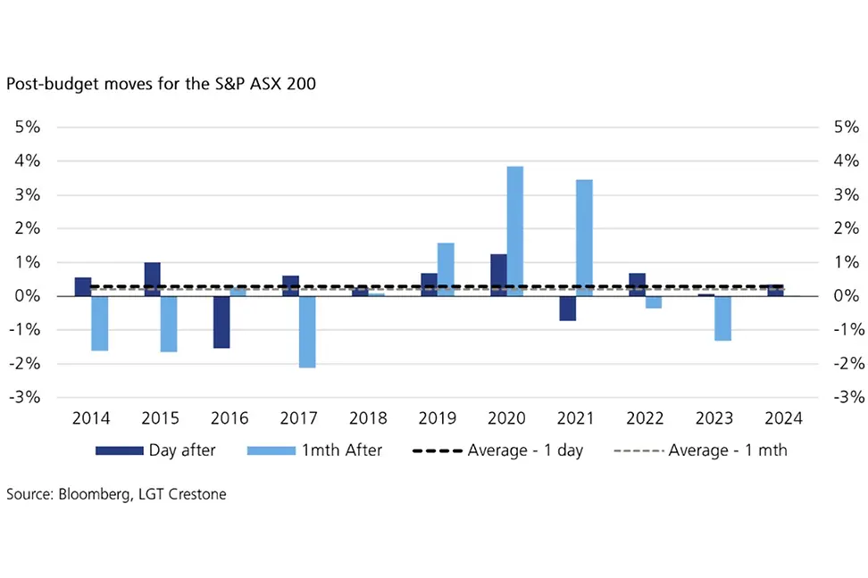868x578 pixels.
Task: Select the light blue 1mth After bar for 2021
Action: [584, 237]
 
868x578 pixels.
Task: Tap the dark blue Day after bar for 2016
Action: [221, 322]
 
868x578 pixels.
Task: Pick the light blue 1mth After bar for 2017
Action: [305, 332]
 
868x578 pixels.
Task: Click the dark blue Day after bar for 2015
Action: [152, 279]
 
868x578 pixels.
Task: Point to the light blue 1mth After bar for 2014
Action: [99, 323]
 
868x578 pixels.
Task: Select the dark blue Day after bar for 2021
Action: [568, 309]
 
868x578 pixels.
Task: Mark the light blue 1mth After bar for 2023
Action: [723, 318]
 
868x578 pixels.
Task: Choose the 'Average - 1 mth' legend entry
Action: [700, 450]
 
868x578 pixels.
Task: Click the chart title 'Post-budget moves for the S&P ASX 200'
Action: [161, 86]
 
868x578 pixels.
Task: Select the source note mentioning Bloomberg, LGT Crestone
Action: [116, 494]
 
